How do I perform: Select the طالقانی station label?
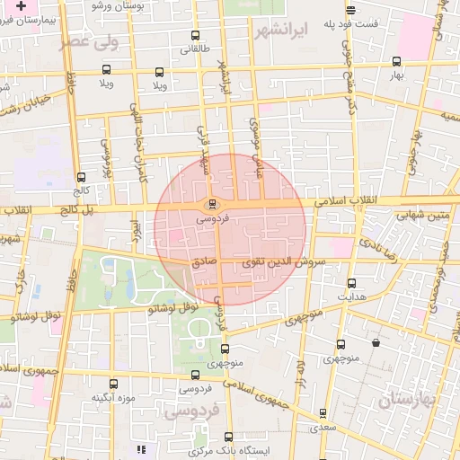point(196,50)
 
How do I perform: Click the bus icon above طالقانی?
point(196,37)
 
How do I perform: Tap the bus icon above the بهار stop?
point(396,62)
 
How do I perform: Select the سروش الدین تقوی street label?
point(275,262)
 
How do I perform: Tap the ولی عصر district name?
point(87,41)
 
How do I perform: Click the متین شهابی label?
point(426,215)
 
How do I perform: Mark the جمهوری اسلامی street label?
point(279,396)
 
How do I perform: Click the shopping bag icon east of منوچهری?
point(374,342)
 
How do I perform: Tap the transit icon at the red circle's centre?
point(212,203)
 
